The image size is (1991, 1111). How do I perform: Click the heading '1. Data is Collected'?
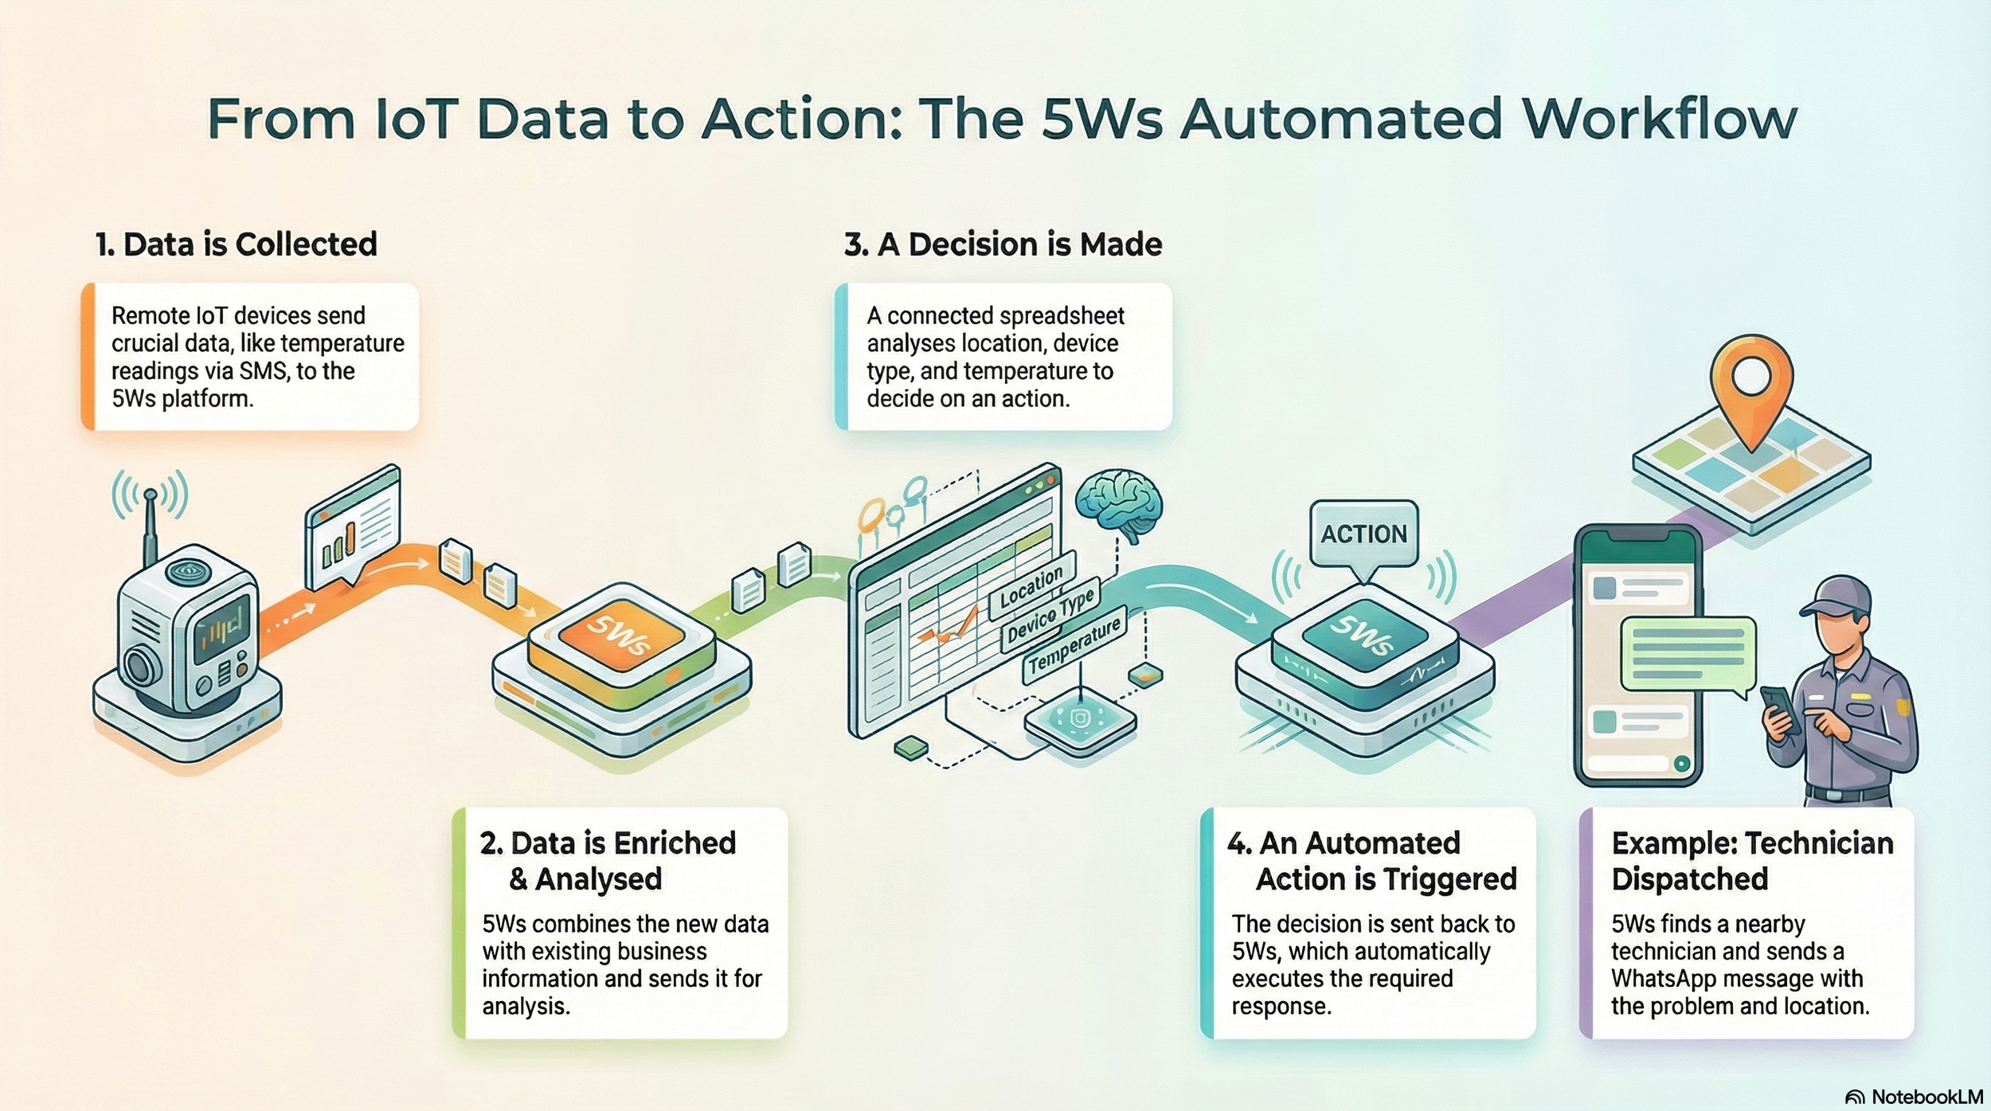click(236, 244)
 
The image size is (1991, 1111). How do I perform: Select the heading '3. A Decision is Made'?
click(1003, 244)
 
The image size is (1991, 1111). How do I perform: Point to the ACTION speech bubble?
click(1363, 534)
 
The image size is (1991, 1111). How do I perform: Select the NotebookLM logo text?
click(1926, 1097)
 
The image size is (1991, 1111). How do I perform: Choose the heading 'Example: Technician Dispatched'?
click(1751, 860)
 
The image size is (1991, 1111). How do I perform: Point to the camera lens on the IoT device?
click(139, 665)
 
